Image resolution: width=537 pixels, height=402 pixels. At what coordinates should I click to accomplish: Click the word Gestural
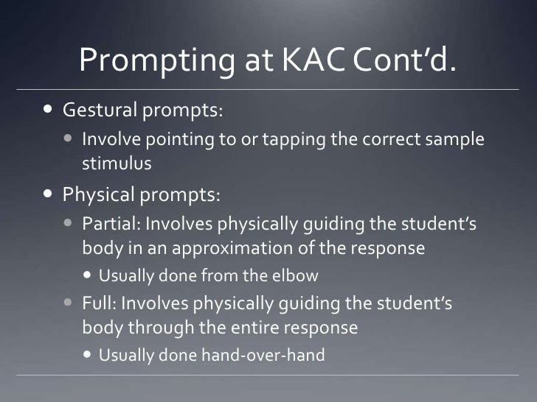pos(100,111)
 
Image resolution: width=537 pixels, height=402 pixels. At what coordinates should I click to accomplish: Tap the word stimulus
pos(117,163)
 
